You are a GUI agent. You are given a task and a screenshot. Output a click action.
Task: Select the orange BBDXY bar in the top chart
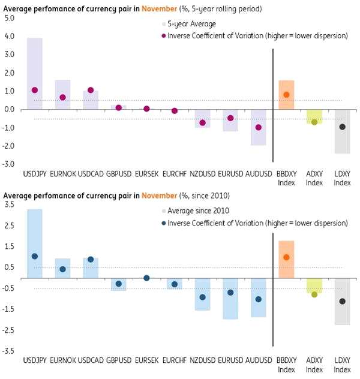point(287,95)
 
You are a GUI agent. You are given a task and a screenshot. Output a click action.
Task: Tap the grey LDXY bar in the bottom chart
point(342,302)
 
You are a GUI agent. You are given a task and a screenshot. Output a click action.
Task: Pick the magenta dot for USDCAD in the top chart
point(91,90)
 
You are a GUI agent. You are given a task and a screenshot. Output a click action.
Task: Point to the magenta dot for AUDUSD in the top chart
point(259,127)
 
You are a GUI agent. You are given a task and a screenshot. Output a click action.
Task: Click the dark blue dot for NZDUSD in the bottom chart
point(202,297)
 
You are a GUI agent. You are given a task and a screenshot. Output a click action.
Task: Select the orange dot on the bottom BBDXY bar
point(287,257)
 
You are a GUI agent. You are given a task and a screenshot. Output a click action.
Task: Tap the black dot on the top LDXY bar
point(342,127)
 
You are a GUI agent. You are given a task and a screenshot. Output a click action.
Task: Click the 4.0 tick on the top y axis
point(8,36)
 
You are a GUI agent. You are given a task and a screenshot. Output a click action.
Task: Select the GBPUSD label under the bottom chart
point(118,362)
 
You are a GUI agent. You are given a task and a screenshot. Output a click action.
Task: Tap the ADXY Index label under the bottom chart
point(314,365)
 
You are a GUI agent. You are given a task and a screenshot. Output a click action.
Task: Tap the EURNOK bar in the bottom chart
point(62,269)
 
